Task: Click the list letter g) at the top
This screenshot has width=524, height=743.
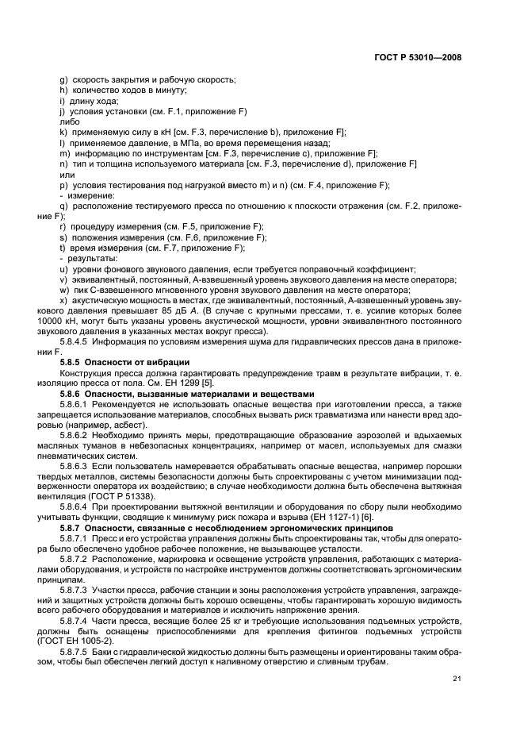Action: tap(63, 81)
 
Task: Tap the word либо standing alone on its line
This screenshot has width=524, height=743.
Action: tap(69, 122)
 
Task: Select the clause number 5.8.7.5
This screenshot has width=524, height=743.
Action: tap(75, 652)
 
